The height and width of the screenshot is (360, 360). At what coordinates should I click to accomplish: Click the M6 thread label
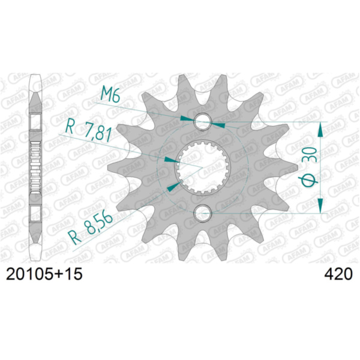tap(110, 94)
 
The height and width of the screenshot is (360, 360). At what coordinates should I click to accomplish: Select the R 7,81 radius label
tap(88, 131)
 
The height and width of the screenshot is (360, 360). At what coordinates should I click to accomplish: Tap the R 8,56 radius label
tap(90, 228)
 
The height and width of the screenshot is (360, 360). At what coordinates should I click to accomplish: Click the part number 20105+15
tap(44, 274)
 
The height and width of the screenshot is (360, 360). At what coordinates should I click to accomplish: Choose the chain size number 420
tap(338, 274)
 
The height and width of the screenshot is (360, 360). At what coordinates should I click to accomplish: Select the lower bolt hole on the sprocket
tap(203, 213)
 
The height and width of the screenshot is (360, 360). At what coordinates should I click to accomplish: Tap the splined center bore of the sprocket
tap(203, 168)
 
